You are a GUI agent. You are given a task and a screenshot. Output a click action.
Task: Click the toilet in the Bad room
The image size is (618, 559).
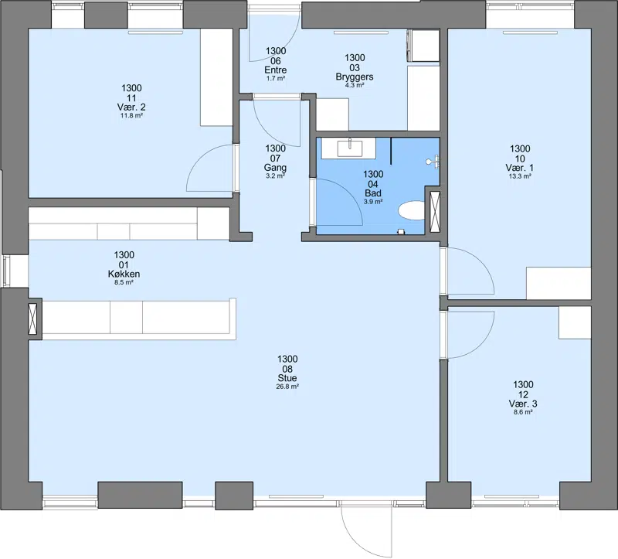pyautogui.click(x=412, y=210)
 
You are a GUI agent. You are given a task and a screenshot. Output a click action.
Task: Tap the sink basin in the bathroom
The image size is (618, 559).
pyautogui.click(x=350, y=148)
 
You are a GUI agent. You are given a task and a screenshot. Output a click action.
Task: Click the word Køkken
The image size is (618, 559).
pyautogui.click(x=124, y=274)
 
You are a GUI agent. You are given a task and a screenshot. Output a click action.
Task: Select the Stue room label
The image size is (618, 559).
pyautogui.click(x=287, y=378)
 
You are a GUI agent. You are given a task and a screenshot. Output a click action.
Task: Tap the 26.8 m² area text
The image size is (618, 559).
pyautogui.click(x=287, y=387)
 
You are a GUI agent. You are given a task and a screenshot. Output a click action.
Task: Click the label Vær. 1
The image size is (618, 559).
pyautogui.click(x=520, y=168)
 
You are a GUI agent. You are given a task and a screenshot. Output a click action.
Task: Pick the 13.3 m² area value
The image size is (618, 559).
pyautogui.click(x=520, y=176)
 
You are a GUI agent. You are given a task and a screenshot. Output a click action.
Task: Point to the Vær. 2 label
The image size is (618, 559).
pyautogui.click(x=131, y=107)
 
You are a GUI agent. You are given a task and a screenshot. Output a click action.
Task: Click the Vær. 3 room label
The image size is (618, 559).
pyautogui.click(x=523, y=404)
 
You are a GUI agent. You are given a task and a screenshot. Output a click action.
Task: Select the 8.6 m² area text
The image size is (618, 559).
pyautogui.click(x=523, y=412)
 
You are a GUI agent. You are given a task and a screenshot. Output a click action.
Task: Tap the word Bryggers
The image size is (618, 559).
pyautogui.click(x=355, y=77)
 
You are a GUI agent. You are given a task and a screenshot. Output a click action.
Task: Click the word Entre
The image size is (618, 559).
pyautogui.click(x=276, y=70)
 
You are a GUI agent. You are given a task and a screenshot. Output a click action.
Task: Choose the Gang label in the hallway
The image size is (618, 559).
pyautogui.click(x=275, y=168)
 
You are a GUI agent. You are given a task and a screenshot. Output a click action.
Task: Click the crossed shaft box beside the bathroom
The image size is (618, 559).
pyautogui.click(x=435, y=211)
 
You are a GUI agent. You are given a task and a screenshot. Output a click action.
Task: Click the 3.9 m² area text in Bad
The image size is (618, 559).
pyautogui.click(x=373, y=202)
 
